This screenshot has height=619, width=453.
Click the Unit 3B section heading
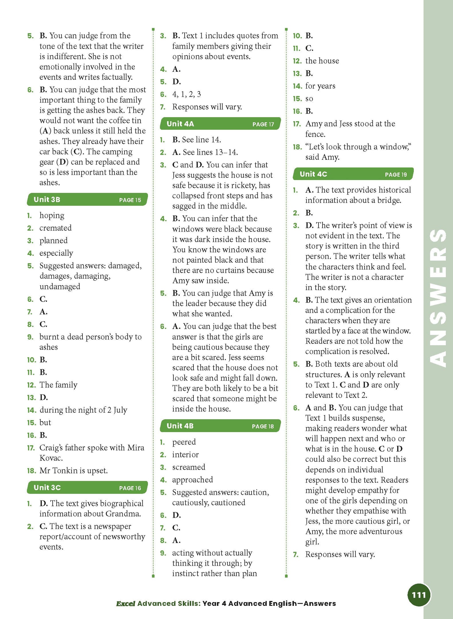pos(47,199)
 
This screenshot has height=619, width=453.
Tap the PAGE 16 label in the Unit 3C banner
pos(130,488)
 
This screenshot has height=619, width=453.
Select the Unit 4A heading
pos(180,124)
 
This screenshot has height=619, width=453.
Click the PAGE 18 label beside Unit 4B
pos(263,426)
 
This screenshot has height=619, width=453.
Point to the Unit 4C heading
pos(313,174)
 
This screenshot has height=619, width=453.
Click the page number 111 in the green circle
pos(419,595)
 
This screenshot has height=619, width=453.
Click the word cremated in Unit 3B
pos(55,228)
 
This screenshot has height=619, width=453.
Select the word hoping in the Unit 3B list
pos(52,215)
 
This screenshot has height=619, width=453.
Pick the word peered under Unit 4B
pos(184,442)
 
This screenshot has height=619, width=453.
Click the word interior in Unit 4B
pos(185,454)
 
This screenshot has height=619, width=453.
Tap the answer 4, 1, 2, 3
pos(187,94)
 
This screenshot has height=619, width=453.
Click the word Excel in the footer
pos(125,603)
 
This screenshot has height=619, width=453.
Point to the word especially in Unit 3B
pos(56,253)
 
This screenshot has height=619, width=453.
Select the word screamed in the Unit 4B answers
pos(188,467)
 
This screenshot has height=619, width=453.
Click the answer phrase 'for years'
pos(320,86)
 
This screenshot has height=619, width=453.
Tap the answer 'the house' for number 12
pos(322,61)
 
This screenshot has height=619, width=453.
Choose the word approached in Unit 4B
pos(192,480)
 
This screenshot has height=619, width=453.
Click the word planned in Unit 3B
pos(53,240)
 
